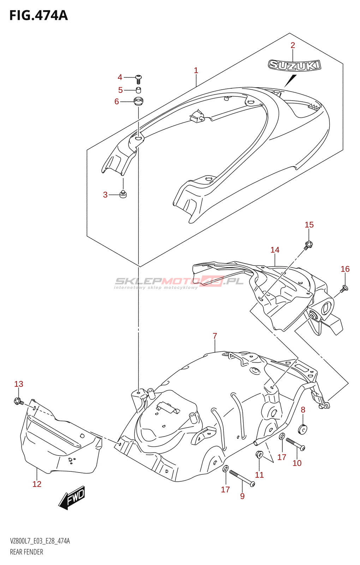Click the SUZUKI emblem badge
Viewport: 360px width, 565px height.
[294, 65]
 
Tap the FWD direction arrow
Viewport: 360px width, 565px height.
[72, 498]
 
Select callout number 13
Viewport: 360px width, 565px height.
[19, 384]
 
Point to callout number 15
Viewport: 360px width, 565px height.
[309, 225]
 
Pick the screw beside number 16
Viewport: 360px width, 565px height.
[344, 289]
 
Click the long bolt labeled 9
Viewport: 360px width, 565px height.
[242, 478]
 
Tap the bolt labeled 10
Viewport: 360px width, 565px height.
[295, 444]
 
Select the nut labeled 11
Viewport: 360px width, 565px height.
[259, 454]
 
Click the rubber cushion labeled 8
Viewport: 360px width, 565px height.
[303, 429]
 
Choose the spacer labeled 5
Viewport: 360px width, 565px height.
[138, 90]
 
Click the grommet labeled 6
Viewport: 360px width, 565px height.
[138, 101]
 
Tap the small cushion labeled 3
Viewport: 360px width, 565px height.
[123, 194]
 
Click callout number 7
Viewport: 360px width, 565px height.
[215, 336]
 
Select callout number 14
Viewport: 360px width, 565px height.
[275, 250]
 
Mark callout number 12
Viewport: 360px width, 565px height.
[37, 484]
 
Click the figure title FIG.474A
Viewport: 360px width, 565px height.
[38, 16]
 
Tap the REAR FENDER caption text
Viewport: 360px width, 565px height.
[26, 552]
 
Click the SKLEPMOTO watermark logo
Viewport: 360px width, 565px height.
[179, 282]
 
